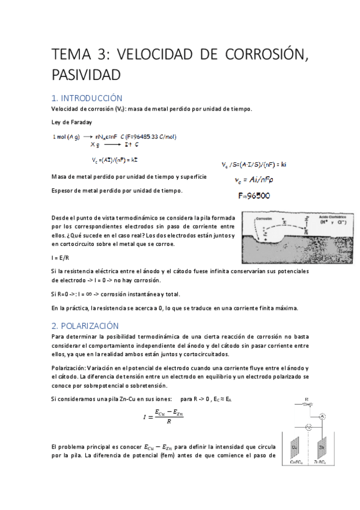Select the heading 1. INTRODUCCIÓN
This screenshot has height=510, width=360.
[87, 97]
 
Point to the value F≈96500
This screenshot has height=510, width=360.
[254, 195]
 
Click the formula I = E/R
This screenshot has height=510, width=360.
[59, 257]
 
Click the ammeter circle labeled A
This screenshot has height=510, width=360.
[322, 416]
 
